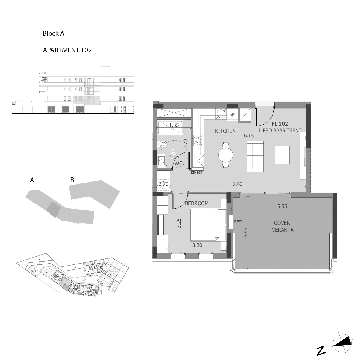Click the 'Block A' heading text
pos(53,34)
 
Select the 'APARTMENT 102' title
pos(67,50)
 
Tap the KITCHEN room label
pos(225,131)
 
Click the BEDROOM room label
pos(197,203)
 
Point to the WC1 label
pos(180,163)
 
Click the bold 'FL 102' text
pos(280,124)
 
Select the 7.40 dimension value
pos(237,184)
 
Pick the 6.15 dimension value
pos(249,136)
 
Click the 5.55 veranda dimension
pos(282,206)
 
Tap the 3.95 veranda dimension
pos(246,232)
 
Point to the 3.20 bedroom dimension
pos(197,245)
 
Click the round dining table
pos(226,155)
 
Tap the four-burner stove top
pos(198,141)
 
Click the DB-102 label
pos(196,173)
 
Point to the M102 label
pos(238,221)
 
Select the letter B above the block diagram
pos(72,180)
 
